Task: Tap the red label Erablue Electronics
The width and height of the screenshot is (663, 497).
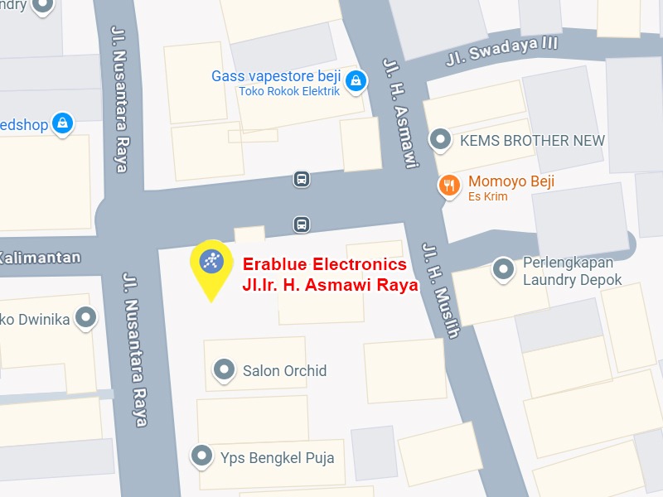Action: point(324,264)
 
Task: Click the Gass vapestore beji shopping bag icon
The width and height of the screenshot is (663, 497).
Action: point(355,80)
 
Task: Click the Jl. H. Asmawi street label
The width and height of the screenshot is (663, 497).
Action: point(398,112)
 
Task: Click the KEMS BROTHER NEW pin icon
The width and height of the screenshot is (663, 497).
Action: point(442,140)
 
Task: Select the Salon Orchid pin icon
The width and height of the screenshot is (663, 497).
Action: point(223,369)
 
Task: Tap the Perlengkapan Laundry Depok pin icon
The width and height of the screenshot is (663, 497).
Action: point(503,268)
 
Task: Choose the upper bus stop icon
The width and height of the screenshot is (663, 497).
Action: point(301,179)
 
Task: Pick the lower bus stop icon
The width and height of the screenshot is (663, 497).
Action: point(301,224)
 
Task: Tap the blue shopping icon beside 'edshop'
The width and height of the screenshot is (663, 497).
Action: point(61,123)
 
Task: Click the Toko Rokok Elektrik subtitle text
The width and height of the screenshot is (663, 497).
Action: point(289,91)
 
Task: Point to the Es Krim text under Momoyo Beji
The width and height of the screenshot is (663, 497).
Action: point(488,197)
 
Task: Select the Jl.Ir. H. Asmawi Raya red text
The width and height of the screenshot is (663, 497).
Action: point(330,283)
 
